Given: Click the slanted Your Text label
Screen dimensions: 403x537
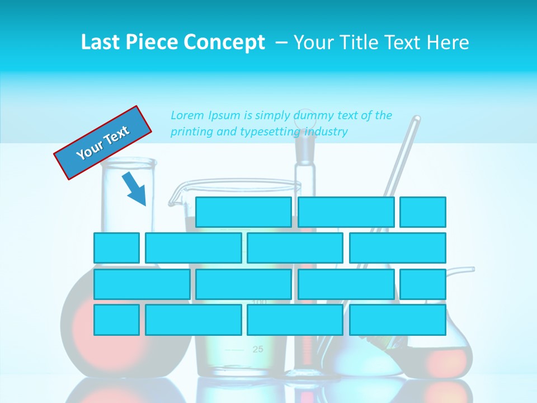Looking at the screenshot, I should pos(103,143).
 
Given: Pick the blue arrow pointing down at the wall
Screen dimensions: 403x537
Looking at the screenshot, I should pos(135,189).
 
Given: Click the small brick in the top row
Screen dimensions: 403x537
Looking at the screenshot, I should pos(423,212).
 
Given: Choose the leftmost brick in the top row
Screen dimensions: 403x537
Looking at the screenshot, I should pos(243,212).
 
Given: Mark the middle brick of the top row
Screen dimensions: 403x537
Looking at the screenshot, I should pos(346,212).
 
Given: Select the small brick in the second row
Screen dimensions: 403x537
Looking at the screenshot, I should pos(116,248).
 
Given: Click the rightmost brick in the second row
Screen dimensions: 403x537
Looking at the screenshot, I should pos(398,248).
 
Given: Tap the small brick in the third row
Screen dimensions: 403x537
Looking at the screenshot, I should pos(423,284).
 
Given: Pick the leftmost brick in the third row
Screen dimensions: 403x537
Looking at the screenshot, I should pos(142,284).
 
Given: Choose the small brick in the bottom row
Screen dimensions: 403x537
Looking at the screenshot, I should pos(116,320).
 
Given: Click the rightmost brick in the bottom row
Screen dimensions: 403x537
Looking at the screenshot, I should pos(398,320).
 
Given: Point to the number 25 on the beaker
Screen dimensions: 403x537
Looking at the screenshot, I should pos(257,350).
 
